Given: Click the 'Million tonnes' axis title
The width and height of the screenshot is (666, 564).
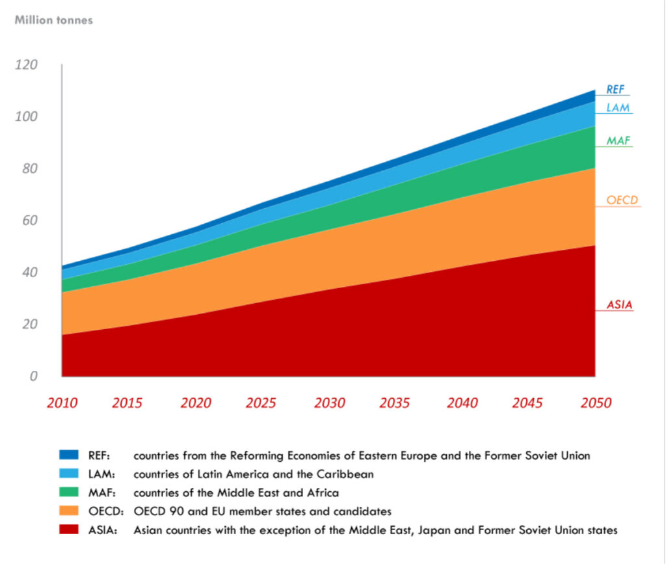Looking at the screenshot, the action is pos(53,20).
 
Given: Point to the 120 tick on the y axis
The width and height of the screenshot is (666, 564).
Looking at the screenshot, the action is pos(26,64).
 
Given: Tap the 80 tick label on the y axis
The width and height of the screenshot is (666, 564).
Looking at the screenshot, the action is pos(30,168).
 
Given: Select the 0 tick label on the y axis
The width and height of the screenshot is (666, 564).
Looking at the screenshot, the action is pos(34,376).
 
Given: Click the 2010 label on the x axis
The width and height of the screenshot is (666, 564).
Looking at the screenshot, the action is pos(62,403).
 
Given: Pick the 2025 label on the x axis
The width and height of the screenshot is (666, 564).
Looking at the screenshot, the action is pos(261,403).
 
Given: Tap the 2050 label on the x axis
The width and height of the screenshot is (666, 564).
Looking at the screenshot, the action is pos(596,403).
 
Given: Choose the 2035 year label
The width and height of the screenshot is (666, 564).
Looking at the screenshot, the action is pos(395,403).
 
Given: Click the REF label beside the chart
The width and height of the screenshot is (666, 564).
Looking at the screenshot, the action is pos(615,90).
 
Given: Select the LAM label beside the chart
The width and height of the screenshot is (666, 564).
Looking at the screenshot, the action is pos(618,108).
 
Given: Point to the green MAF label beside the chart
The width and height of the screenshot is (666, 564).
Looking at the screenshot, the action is pos(618,141).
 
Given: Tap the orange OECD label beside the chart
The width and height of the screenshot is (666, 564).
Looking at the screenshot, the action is pos(622,200).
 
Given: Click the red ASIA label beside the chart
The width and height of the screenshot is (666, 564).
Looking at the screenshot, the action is pos(619,304).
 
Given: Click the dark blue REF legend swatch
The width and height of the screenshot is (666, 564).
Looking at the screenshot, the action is pos(69,455).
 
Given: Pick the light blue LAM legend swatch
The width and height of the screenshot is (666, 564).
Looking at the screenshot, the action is pos(69,474).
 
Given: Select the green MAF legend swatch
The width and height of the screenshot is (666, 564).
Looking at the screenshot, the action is pos(69,492).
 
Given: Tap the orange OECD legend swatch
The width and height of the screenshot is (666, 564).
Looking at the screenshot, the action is pos(69,511).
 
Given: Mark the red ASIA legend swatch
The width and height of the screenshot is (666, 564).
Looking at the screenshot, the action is pos(69,530).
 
